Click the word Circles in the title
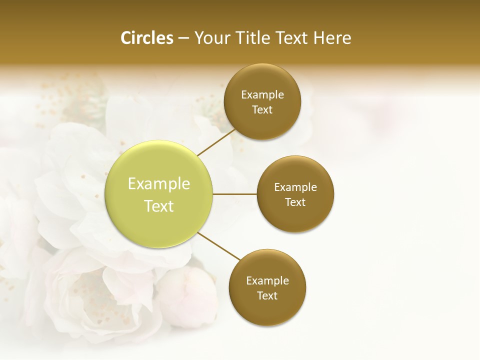pos(147,38)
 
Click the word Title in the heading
pos(255,38)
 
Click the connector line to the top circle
pos(216,143)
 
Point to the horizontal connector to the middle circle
pos(234,194)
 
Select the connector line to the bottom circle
pos(219,246)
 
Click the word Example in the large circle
pos(159,184)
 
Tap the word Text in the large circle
pos(159,206)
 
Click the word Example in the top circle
pos(262,95)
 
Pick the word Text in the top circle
pos(262,110)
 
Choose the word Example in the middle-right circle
pos(295,187)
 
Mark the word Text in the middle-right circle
pos(295,202)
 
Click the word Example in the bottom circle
pos(267,281)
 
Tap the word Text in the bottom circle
pos(267,296)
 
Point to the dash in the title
pos(183,38)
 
